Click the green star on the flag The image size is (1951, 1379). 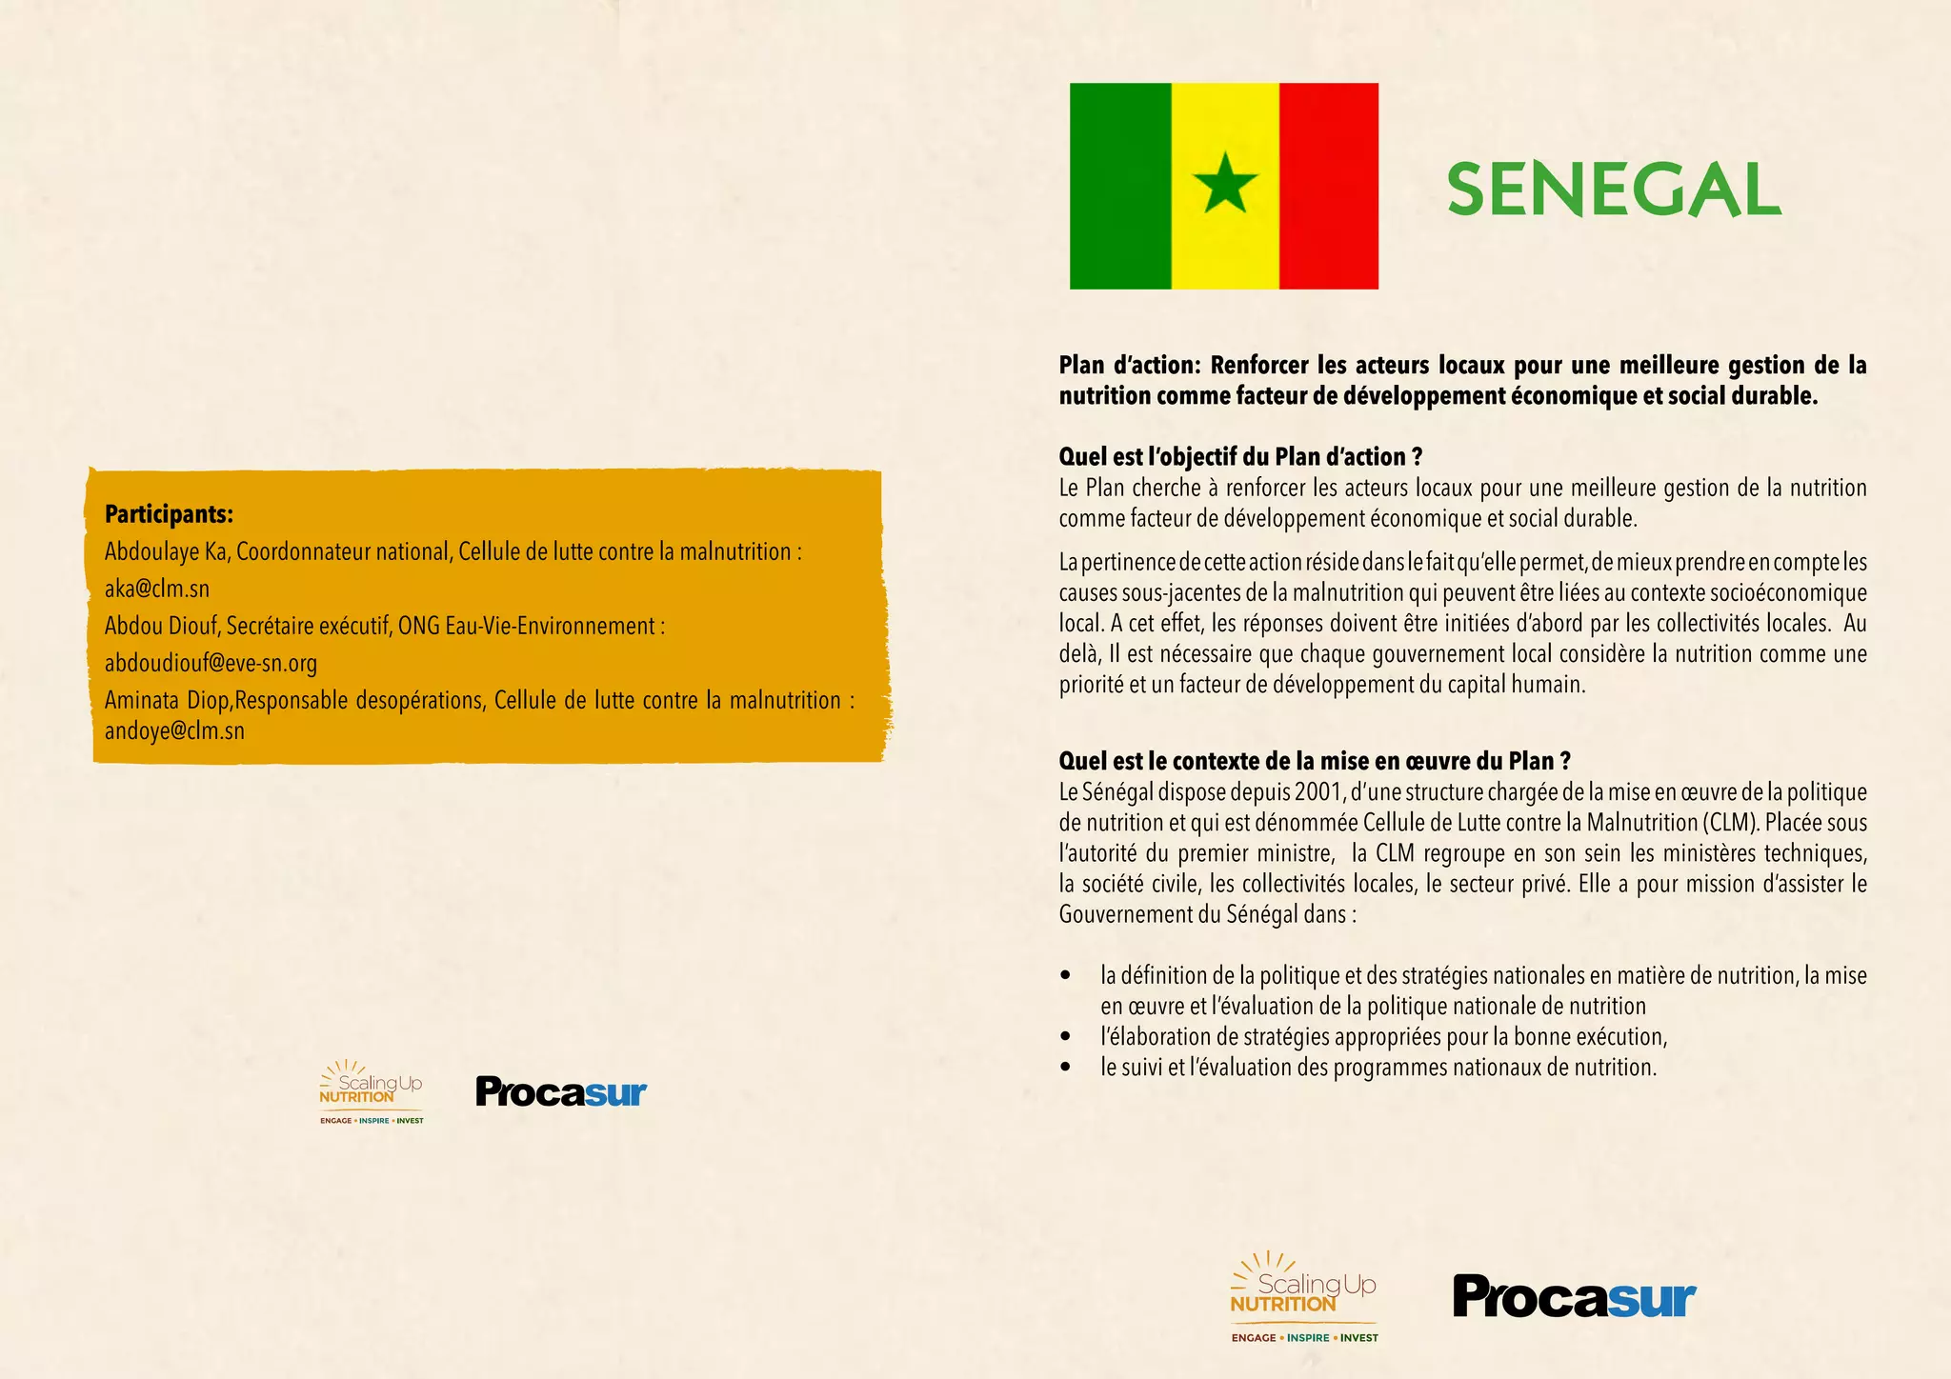click(1225, 184)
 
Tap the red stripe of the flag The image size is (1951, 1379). click(1328, 186)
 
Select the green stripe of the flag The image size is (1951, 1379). click(1120, 186)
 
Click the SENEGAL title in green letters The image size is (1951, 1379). click(1614, 190)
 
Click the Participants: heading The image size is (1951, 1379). click(169, 514)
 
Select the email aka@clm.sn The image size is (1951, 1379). click(156, 589)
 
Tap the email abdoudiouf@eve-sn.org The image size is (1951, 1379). click(211, 663)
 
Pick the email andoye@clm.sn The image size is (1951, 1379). click(174, 731)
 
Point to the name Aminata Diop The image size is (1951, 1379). click(167, 701)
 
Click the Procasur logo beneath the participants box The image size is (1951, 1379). click(561, 1091)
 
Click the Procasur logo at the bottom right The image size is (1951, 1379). click(1574, 1296)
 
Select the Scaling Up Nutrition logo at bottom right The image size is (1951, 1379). click(1304, 1296)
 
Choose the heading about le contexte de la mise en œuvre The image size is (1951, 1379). click(1315, 761)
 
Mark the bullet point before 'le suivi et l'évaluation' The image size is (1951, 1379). click(1065, 1068)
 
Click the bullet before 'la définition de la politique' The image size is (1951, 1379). click(1065, 976)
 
